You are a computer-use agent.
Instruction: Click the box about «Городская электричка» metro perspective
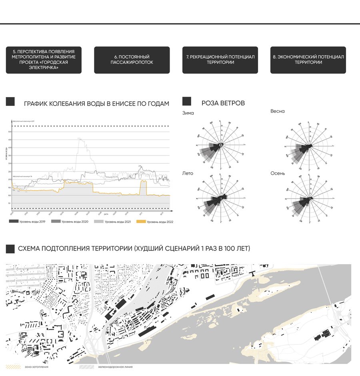click(x=44, y=60)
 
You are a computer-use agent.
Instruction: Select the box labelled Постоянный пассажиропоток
click(x=132, y=60)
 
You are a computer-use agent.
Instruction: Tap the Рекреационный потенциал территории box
click(x=220, y=60)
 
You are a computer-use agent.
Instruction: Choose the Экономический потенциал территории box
click(x=308, y=60)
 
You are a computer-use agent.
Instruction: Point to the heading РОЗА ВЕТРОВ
click(x=223, y=103)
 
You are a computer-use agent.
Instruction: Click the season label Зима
click(x=188, y=113)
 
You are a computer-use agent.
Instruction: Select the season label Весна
click(x=278, y=111)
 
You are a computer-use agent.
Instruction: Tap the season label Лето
click(x=188, y=173)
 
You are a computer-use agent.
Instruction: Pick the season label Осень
click(x=278, y=173)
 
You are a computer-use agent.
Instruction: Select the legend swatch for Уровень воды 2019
click(x=14, y=221)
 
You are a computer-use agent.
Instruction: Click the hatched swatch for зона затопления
click(x=14, y=366)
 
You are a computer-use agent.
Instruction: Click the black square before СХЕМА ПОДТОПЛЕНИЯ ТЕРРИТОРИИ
click(x=10, y=249)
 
